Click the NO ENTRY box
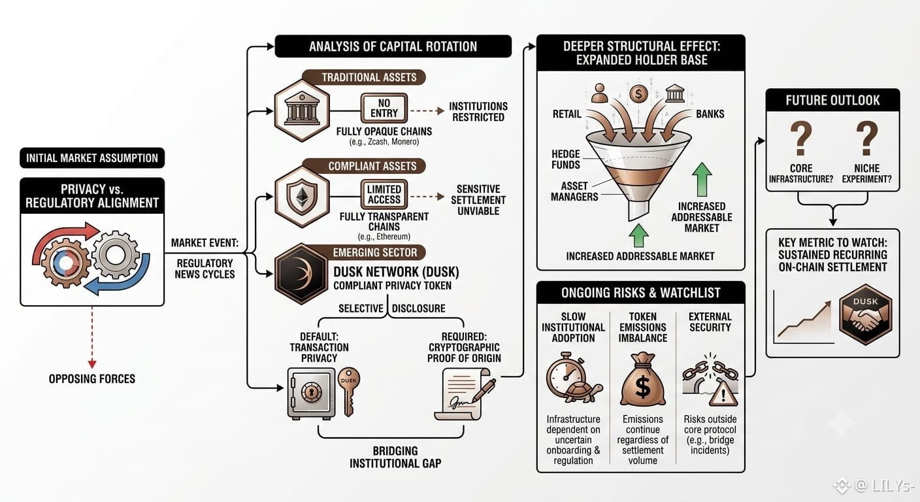[384, 108]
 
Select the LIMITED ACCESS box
[384, 194]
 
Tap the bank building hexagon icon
[302, 110]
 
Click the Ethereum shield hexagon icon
[302, 196]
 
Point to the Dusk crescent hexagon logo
[302, 274]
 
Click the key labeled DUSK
[349, 392]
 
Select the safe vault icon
[311, 393]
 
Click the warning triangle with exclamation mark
[723, 395]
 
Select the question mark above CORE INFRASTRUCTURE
[801, 138]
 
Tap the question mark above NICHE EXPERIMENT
[866, 138]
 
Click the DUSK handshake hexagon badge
[865, 314]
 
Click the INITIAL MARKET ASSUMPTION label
[92, 158]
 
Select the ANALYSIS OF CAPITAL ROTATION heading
[393, 46]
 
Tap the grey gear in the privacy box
[116, 255]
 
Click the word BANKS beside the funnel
[710, 114]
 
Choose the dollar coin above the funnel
[638, 94]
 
